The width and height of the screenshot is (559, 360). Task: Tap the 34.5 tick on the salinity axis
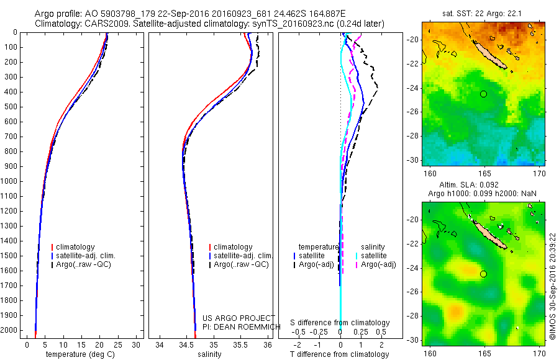click(186, 344)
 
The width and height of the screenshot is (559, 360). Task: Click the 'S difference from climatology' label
click(340, 323)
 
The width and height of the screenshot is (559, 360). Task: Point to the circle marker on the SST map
click(483, 94)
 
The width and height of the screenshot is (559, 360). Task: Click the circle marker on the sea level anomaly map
click(483, 274)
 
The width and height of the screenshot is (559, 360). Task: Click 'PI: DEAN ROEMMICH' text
click(238, 325)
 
